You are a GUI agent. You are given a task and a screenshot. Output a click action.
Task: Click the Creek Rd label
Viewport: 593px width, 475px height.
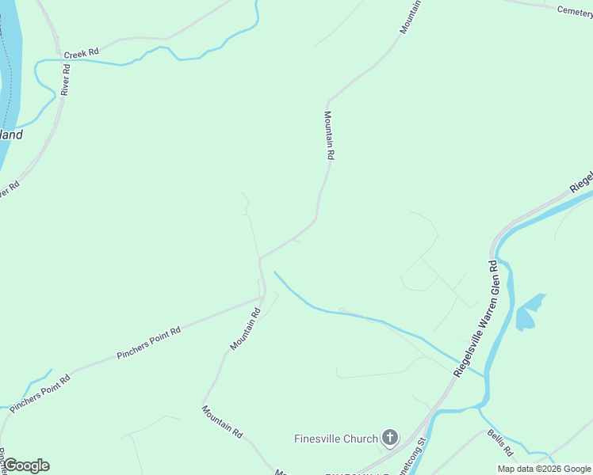coord(81,52)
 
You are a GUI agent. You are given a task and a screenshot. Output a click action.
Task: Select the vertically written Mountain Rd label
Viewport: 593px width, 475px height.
coord(328,135)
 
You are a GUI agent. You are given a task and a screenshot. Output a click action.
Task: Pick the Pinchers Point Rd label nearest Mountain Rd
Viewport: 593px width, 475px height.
coord(149,341)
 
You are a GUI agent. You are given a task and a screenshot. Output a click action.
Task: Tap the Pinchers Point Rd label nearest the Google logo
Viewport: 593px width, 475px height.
coord(40,391)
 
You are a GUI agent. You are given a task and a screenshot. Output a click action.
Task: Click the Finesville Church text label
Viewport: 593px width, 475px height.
coord(336,438)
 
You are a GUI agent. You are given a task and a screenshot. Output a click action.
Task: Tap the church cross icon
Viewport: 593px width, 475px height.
coord(389,437)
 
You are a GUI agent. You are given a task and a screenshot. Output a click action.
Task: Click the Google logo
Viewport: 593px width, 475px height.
coord(25,465)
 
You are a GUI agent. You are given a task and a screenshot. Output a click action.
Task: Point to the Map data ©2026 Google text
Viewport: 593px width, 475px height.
coord(544,469)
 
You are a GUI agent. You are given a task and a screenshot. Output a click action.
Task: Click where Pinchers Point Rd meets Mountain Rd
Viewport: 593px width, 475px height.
coord(262,298)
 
